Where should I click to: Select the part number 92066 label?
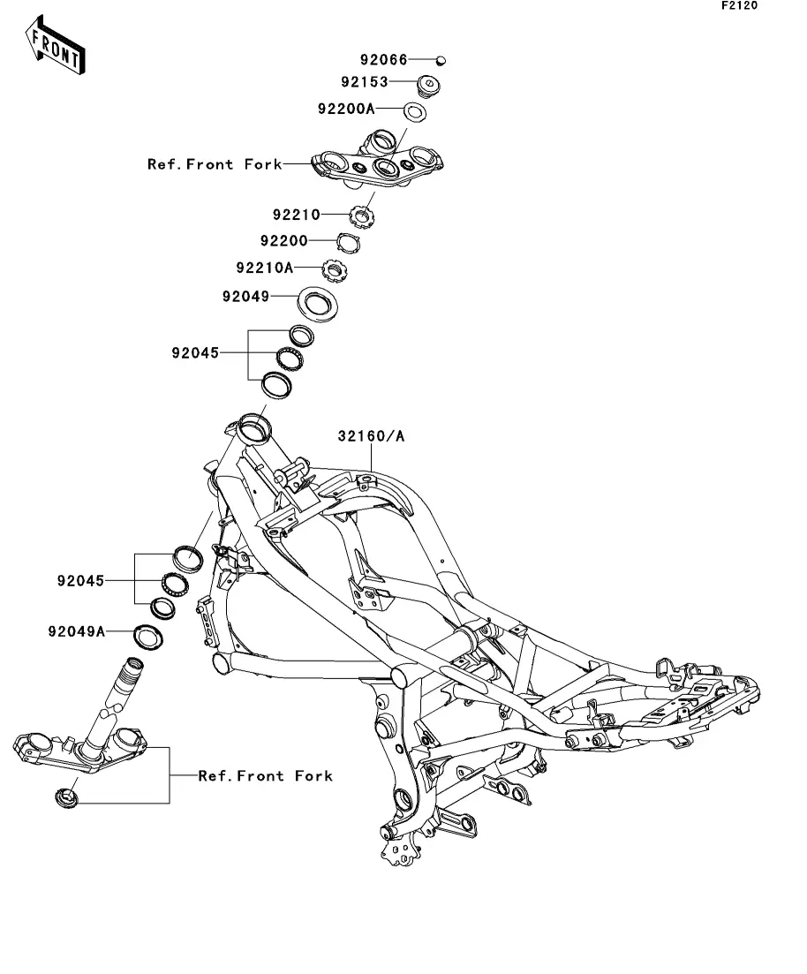point(383,60)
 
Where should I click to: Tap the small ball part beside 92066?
point(442,60)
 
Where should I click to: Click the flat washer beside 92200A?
point(414,112)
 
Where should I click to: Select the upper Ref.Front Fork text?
point(215,164)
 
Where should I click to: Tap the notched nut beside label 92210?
point(361,215)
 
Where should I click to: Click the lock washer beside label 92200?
point(352,241)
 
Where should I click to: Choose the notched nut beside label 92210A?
point(338,267)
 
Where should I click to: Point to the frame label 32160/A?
point(370,436)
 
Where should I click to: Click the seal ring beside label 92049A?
point(147,636)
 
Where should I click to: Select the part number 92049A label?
point(77,631)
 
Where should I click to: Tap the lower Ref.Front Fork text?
point(265,776)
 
